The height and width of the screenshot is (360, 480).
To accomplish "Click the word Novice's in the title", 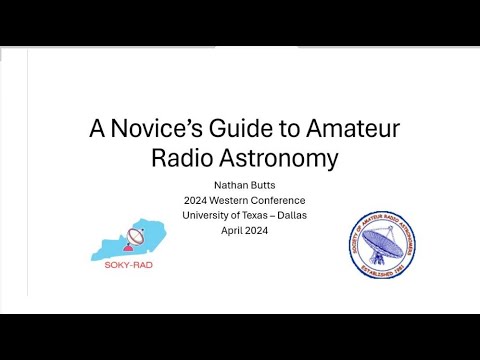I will [148, 129].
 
